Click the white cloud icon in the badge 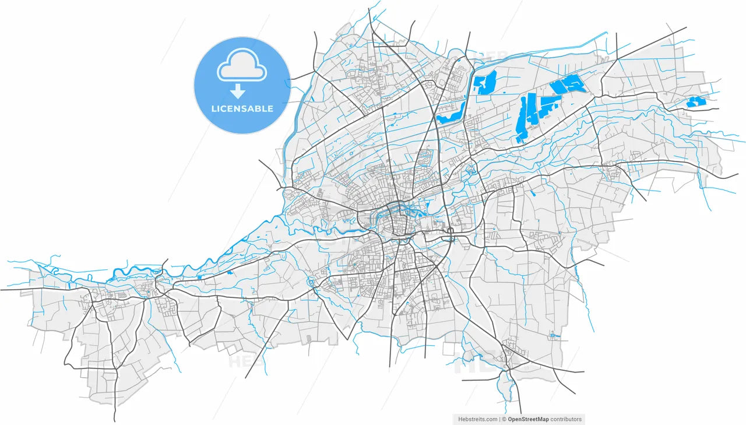(242, 67)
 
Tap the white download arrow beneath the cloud (238, 91)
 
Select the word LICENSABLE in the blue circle (242, 108)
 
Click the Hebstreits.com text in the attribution (478, 419)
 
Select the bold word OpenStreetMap (528, 419)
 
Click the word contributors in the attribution (566, 419)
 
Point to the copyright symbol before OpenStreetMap (504, 419)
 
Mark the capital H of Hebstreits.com (460, 419)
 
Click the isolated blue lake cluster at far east (696, 102)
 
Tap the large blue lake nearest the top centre (484, 82)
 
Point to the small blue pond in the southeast (553, 335)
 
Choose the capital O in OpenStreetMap (511, 419)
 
